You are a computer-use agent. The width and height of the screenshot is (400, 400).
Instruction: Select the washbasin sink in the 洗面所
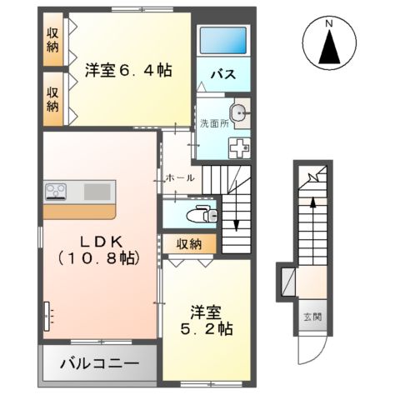[x=239, y=113]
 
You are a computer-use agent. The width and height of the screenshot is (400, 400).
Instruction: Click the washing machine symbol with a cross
[x=239, y=148]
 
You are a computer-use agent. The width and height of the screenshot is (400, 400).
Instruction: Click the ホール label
[x=179, y=178]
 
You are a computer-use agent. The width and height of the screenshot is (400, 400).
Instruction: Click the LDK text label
[x=101, y=240]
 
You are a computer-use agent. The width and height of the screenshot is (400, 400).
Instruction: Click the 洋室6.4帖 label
[x=129, y=71]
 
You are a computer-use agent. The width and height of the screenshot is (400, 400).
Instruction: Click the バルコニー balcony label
[x=98, y=364]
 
